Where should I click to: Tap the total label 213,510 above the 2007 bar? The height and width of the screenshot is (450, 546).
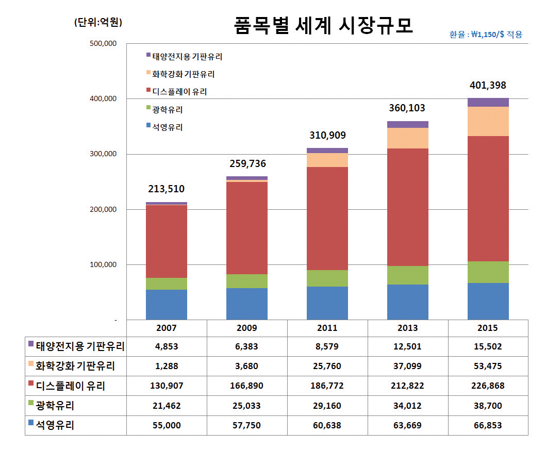pyautogui.click(x=166, y=189)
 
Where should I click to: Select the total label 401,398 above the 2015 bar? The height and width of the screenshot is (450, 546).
pyautogui.click(x=488, y=85)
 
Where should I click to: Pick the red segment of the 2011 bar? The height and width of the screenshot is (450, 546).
pyautogui.click(x=327, y=219)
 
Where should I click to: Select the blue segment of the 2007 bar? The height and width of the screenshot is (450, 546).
pyautogui.click(x=166, y=305)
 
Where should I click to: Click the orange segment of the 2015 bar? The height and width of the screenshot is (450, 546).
pyautogui.click(x=488, y=121)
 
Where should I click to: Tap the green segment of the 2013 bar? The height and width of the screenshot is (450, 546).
pyautogui.click(x=407, y=275)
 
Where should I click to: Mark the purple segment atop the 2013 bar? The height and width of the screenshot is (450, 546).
pyautogui.click(x=407, y=124)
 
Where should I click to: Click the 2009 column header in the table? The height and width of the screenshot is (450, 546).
pyautogui.click(x=246, y=328)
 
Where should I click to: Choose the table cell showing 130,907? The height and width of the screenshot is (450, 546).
pyautogui.click(x=166, y=386)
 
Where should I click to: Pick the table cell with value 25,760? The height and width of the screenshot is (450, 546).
pyautogui.click(x=327, y=366)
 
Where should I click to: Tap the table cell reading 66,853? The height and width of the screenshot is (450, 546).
pyautogui.click(x=488, y=425)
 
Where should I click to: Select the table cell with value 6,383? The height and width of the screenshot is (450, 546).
pyautogui.click(x=246, y=346)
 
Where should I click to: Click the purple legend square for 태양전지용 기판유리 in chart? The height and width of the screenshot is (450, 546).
pyautogui.click(x=148, y=56)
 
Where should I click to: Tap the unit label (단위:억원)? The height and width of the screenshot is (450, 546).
pyautogui.click(x=98, y=23)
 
